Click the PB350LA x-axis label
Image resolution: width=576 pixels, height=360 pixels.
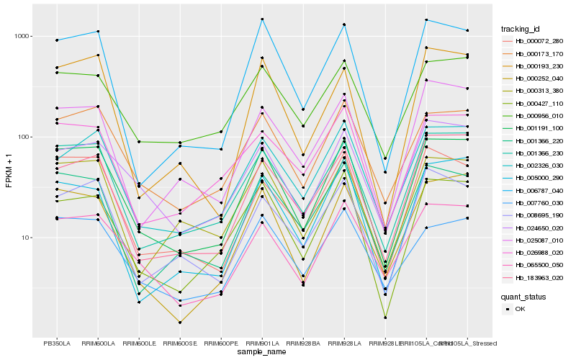[57, 343]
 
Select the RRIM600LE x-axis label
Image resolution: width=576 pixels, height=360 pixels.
[139, 343]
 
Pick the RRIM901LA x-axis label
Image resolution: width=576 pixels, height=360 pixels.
[262, 343]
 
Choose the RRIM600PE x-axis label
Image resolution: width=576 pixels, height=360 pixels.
[221, 343]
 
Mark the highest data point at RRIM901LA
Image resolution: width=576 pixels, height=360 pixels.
[262, 19]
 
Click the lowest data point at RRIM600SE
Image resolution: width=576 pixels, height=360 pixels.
[180, 323]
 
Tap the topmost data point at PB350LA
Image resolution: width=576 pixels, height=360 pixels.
[57, 40]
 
